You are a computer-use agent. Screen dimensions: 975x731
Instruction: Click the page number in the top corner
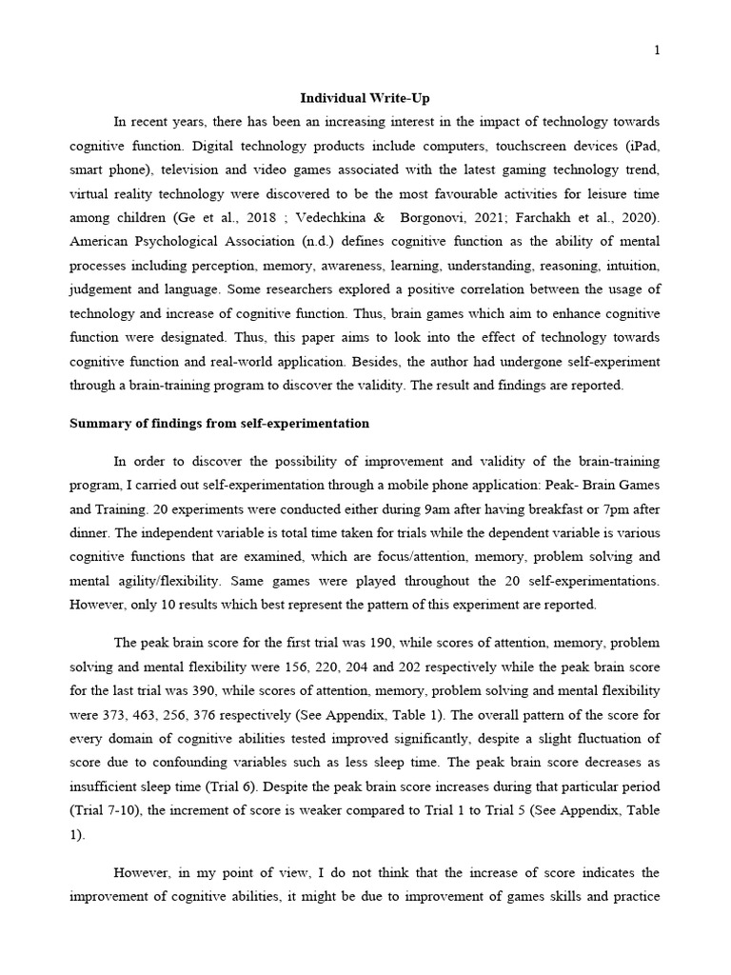[x=657, y=50]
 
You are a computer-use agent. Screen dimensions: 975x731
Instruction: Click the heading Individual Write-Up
[x=365, y=97]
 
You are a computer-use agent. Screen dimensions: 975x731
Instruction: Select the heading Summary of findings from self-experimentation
[x=220, y=423]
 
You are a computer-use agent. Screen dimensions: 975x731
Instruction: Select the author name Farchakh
[x=552, y=220]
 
